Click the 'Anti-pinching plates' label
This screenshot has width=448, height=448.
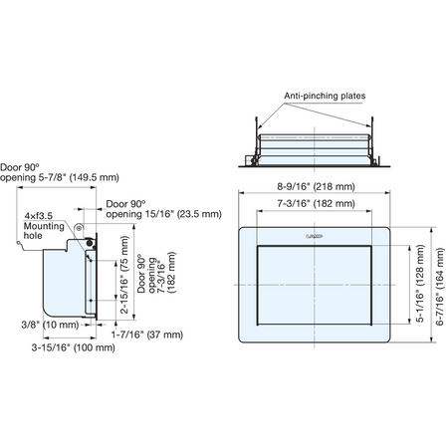[x=325, y=96]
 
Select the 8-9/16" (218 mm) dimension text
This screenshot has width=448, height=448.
[x=316, y=186]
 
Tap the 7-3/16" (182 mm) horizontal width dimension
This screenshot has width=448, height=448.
[x=316, y=203]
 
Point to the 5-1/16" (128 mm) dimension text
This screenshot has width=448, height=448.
[x=420, y=284]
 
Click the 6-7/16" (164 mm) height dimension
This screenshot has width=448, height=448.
[x=439, y=287]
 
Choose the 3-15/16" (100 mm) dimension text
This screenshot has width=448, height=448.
[x=74, y=347]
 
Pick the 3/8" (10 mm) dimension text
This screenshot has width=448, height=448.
[x=50, y=325]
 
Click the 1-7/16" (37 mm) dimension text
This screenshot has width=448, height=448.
[x=147, y=335]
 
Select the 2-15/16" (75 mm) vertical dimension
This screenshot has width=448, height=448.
[x=124, y=275]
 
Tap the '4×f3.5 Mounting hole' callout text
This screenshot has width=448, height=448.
[x=44, y=226]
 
